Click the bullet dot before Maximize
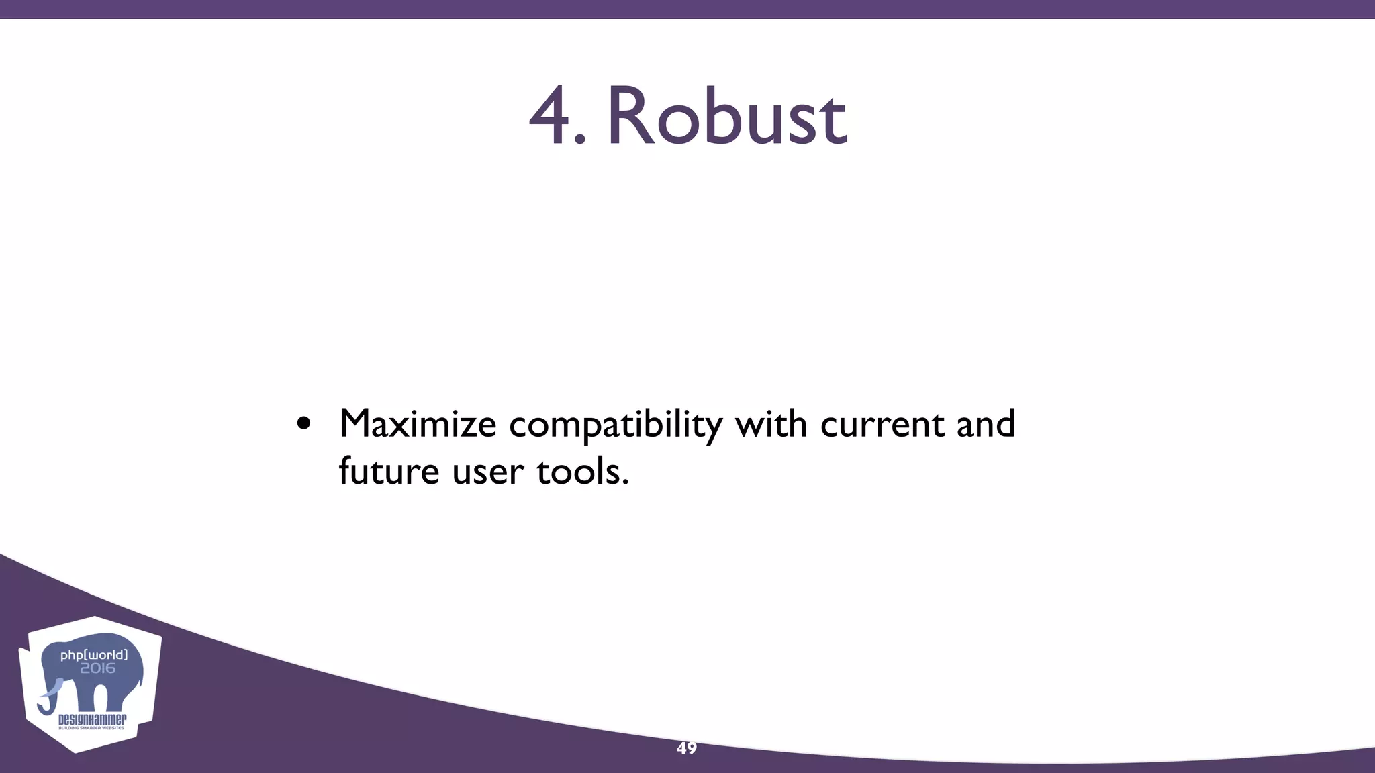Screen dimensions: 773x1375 303,425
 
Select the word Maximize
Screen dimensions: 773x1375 418,425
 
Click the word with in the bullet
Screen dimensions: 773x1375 771,423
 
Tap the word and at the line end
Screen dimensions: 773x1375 985,423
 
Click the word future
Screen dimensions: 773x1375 389,471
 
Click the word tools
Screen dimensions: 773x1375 579,471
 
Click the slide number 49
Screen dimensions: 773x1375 687,748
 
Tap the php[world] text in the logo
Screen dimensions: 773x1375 93,654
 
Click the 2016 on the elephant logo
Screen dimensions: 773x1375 98,668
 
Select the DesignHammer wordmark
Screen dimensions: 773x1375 92,720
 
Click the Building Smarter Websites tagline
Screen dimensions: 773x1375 91,728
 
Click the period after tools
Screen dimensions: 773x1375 626,482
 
